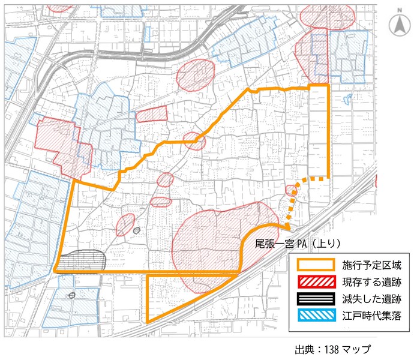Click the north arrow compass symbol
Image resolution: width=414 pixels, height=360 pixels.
[397, 25]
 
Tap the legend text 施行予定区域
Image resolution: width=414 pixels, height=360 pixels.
[367, 265]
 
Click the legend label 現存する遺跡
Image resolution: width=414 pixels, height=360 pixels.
[367, 281]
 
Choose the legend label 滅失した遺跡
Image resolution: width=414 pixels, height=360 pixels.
[367, 298]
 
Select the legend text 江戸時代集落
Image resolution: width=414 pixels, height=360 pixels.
[367, 315]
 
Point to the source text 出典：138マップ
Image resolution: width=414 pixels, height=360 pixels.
[332, 350]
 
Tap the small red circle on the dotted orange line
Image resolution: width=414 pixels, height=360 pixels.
[291, 190]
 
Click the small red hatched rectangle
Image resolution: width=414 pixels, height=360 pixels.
[151, 114]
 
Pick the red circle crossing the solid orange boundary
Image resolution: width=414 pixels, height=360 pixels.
[194, 142]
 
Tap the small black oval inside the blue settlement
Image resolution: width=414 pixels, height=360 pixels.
[72, 295]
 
